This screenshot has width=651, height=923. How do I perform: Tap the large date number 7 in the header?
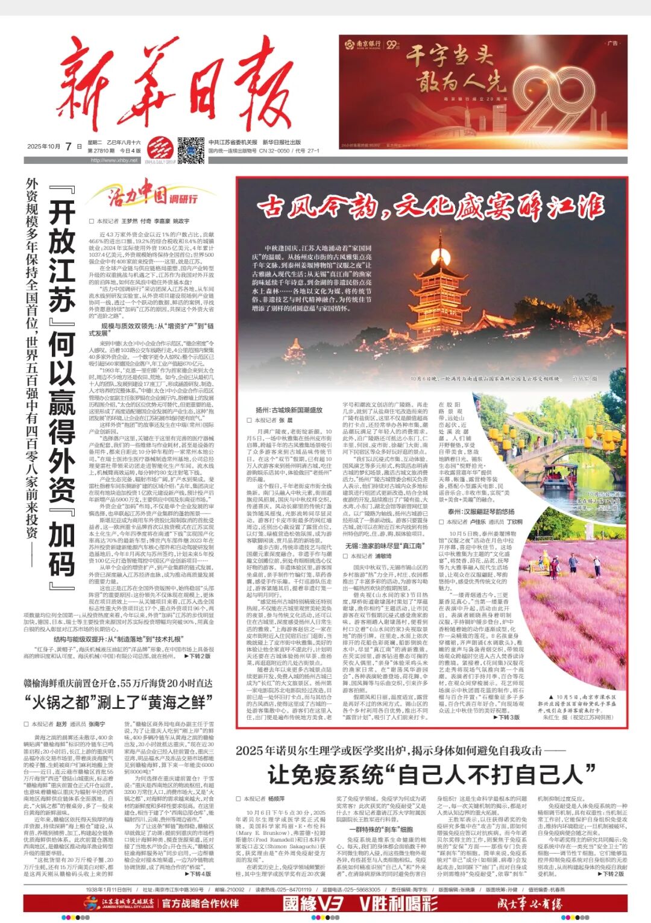point(78,145)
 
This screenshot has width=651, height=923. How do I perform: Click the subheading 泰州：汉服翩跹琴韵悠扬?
point(481,511)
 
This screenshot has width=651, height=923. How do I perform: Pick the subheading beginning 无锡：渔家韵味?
point(383,546)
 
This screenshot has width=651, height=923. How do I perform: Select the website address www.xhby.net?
point(115,160)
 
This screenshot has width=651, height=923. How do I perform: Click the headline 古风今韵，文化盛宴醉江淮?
point(430,207)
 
